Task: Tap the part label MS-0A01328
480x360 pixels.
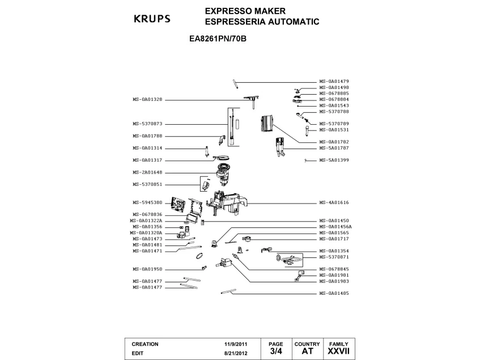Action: [147, 100]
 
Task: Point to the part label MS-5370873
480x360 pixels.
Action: [147, 124]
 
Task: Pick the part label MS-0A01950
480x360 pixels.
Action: [147, 269]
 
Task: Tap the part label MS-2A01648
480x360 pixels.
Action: [147, 172]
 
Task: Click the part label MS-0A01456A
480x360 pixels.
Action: [335, 227]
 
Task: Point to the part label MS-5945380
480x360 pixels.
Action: [147, 202]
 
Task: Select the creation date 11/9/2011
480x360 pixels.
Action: [236, 344]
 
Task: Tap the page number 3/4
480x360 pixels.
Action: [275, 351]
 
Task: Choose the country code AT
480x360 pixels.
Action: [307, 351]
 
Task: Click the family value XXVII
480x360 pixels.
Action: [338, 351]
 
